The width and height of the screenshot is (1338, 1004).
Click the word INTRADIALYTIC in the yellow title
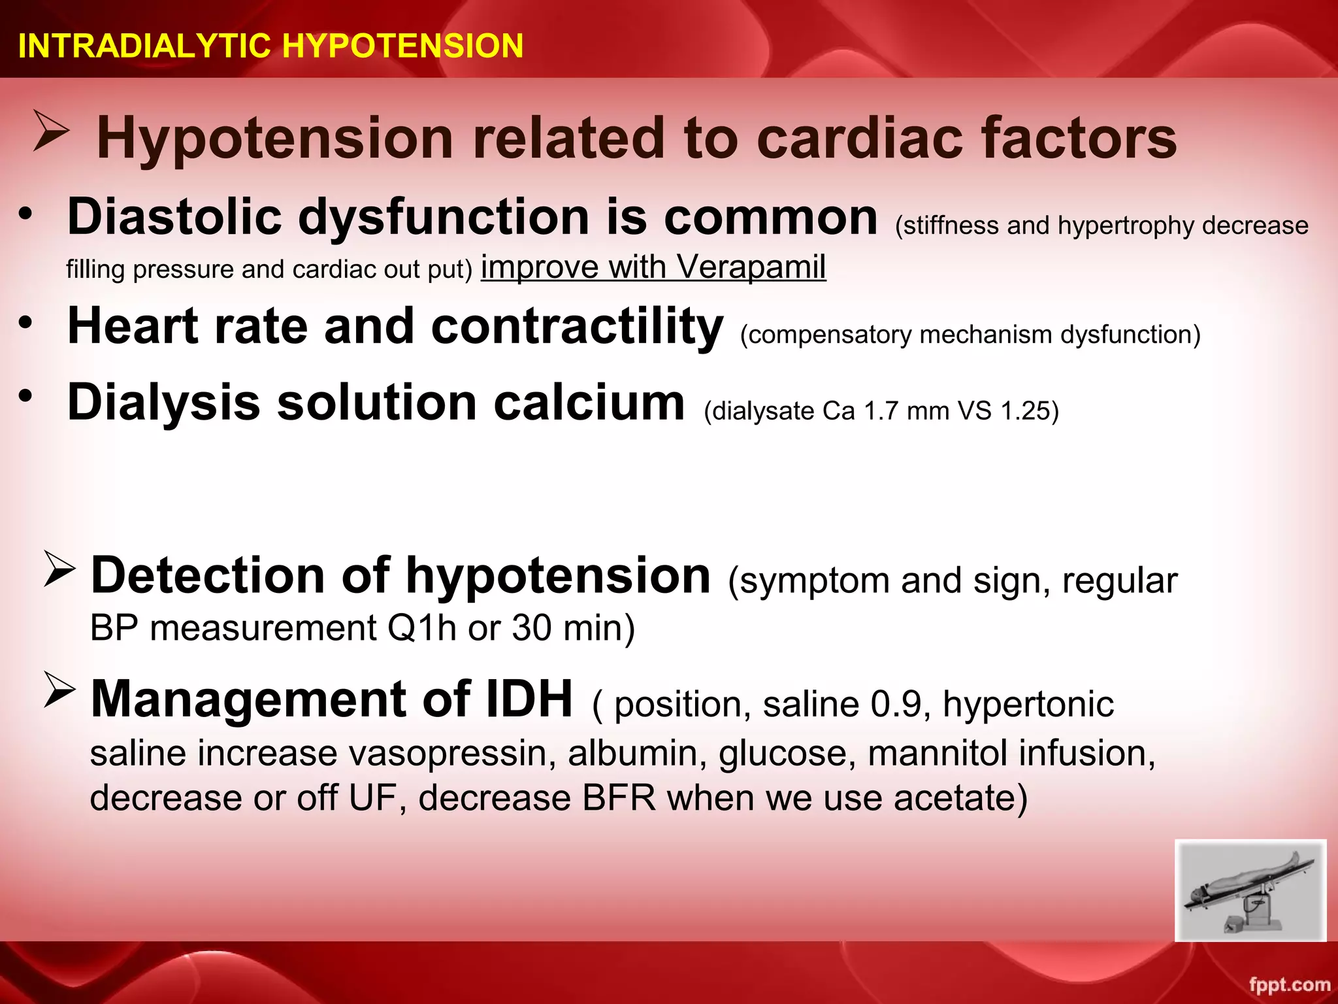(144, 46)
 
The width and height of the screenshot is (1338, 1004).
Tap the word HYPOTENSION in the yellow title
(402, 46)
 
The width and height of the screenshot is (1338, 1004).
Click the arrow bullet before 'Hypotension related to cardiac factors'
(51, 131)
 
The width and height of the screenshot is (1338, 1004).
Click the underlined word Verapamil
(751, 267)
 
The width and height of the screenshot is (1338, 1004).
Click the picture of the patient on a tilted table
(1250, 890)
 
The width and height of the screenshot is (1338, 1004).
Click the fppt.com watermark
(1289, 984)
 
